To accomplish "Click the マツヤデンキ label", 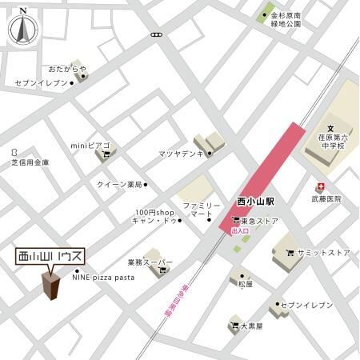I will point(180,152).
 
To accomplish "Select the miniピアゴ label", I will point(90,146).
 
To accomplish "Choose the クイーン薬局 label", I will point(118,185).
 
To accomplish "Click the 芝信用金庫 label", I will point(30,162).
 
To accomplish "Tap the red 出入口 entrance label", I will point(240,231).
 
